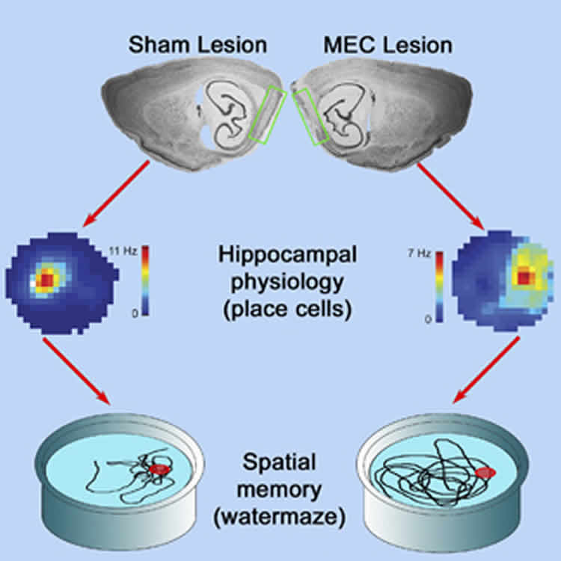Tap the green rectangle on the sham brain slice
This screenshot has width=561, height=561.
[x=267, y=114]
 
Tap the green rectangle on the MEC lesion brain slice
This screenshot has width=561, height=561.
[x=310, y=114]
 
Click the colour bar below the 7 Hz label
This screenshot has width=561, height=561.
[x=440, y=288]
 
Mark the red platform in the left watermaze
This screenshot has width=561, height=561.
[x=158, y=469]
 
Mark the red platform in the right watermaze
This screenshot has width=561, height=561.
[x=486, y=473]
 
